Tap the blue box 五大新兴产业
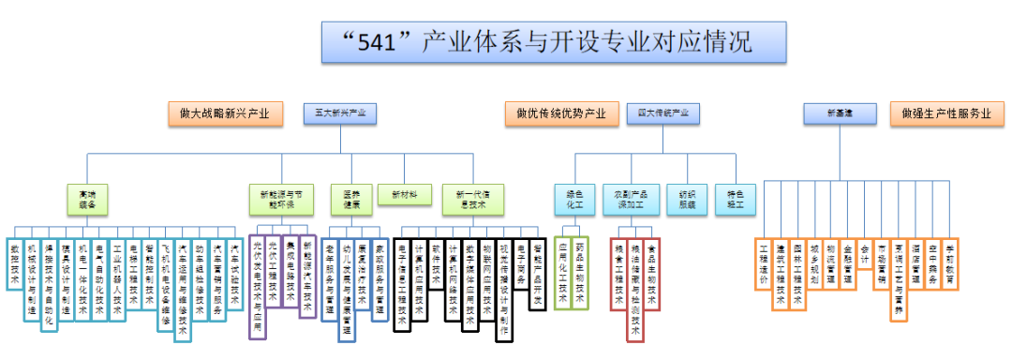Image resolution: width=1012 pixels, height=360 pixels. pyautogui.click(x=335, y=113)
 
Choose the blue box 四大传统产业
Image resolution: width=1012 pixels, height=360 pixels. pyautogui.click(x=662, y=113)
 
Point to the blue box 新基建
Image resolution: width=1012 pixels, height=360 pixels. pyautogui.click(x=839, y=113)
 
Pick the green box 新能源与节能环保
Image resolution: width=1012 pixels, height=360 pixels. pyautogui.click(x=277, y=198)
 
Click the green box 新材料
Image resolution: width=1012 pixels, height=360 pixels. pyautogui.click(x=404, y=195)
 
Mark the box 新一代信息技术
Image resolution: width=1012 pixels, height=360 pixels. pyautogui.click(x=472, y=198)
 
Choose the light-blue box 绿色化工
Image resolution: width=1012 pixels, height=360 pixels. pyautogui.click(x=574, y=198)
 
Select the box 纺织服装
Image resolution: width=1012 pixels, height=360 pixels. pyautogui.click(x=687, y=198)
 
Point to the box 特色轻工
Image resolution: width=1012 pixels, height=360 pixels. pyautogui.click(x=736, y=198)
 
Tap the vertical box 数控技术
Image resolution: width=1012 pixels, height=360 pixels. pyautogui.click(x=15, y=262)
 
